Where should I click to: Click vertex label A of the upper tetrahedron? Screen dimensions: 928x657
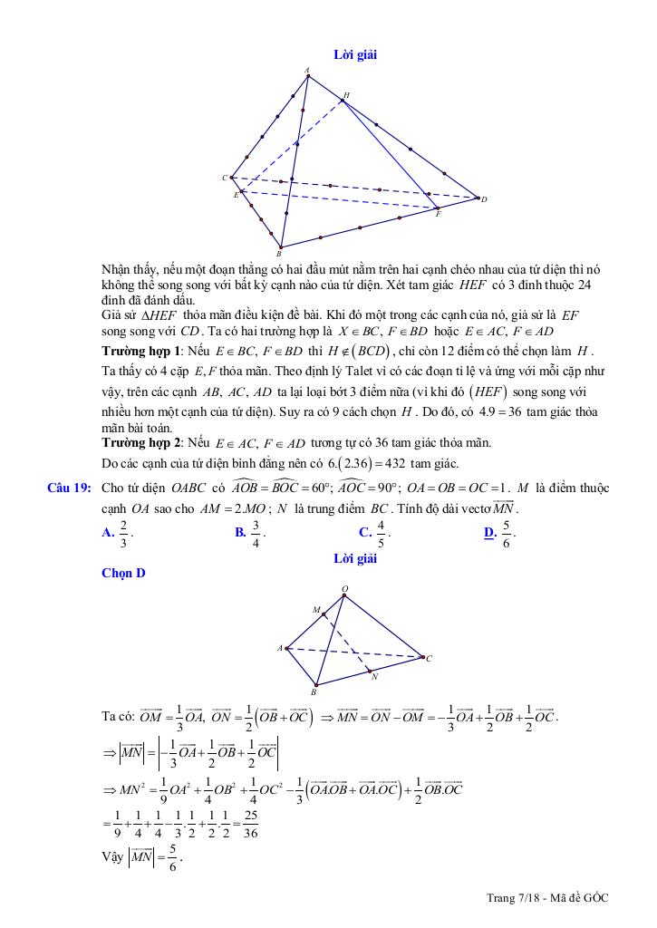[x=307, y=69]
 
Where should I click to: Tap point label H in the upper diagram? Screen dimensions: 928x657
[x=347, y=94]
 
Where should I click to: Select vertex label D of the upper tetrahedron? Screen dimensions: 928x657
[x=484, y=199]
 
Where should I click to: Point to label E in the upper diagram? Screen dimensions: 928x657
[x=236, y=195]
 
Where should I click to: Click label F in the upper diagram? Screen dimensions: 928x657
[x=439, y=214]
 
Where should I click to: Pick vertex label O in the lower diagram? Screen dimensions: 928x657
[x=344, y=589]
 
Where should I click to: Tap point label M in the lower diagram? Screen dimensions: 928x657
[x=315, y=610]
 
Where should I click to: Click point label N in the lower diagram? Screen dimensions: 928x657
[x=374, y=676]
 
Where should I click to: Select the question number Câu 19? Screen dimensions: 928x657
[x=70, y=488]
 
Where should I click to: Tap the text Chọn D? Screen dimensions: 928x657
[x=123, y=573]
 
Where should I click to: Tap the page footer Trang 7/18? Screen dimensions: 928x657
[x=513, y=897]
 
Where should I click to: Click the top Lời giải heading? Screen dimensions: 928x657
[x=355, y=54]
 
